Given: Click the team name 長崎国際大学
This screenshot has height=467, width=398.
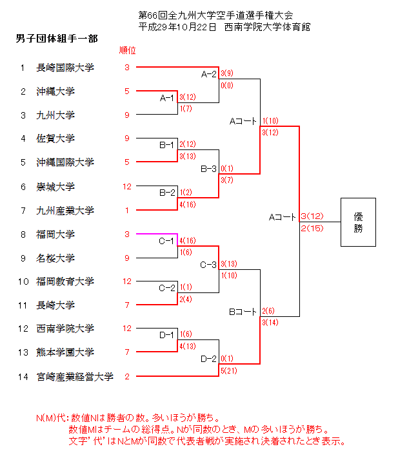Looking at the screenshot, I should click(65, 68).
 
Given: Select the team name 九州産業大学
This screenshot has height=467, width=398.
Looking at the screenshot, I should click(65, 211).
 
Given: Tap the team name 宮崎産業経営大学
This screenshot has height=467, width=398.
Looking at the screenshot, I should click(75, 377).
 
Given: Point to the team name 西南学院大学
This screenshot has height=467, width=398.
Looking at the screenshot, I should click(65, 329).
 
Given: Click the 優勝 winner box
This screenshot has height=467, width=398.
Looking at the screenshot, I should click(358, 222).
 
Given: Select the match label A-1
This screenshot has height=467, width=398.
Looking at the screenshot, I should click(167, 99).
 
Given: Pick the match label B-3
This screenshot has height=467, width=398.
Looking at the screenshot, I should click(208, 169).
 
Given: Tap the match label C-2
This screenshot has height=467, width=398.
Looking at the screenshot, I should click(167, 288).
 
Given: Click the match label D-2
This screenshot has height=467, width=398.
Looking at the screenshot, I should click(208, 359).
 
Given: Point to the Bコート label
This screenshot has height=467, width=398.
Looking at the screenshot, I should click(243, 312).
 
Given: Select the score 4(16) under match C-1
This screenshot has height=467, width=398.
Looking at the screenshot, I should click(188, 240).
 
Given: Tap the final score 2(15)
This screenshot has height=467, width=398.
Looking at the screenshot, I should click(312, 228).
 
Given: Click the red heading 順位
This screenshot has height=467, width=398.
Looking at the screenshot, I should click(128, 50).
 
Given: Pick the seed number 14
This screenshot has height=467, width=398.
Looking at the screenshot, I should click(23, 377).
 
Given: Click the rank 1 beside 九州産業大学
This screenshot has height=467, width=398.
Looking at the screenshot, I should click(127, 211).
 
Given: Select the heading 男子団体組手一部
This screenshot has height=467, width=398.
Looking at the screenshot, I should click(57, 39).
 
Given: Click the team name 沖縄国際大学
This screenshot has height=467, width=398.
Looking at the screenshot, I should click(65, 162).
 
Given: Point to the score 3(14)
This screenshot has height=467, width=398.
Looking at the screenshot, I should click(271, 322).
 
